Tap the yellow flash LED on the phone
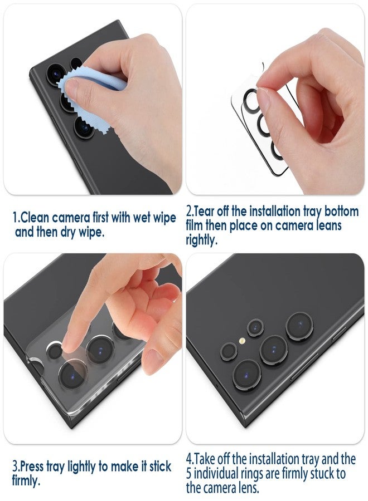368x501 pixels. (242, 341)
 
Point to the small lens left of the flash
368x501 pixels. (228, 350)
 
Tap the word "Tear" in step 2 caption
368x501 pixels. (206, 212)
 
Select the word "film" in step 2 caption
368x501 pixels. (197, 226)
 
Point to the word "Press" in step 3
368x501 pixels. (35, 465)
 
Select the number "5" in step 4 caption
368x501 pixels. (190, 474)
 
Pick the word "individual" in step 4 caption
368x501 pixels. (221, 474)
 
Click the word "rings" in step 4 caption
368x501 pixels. (263, 474)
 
